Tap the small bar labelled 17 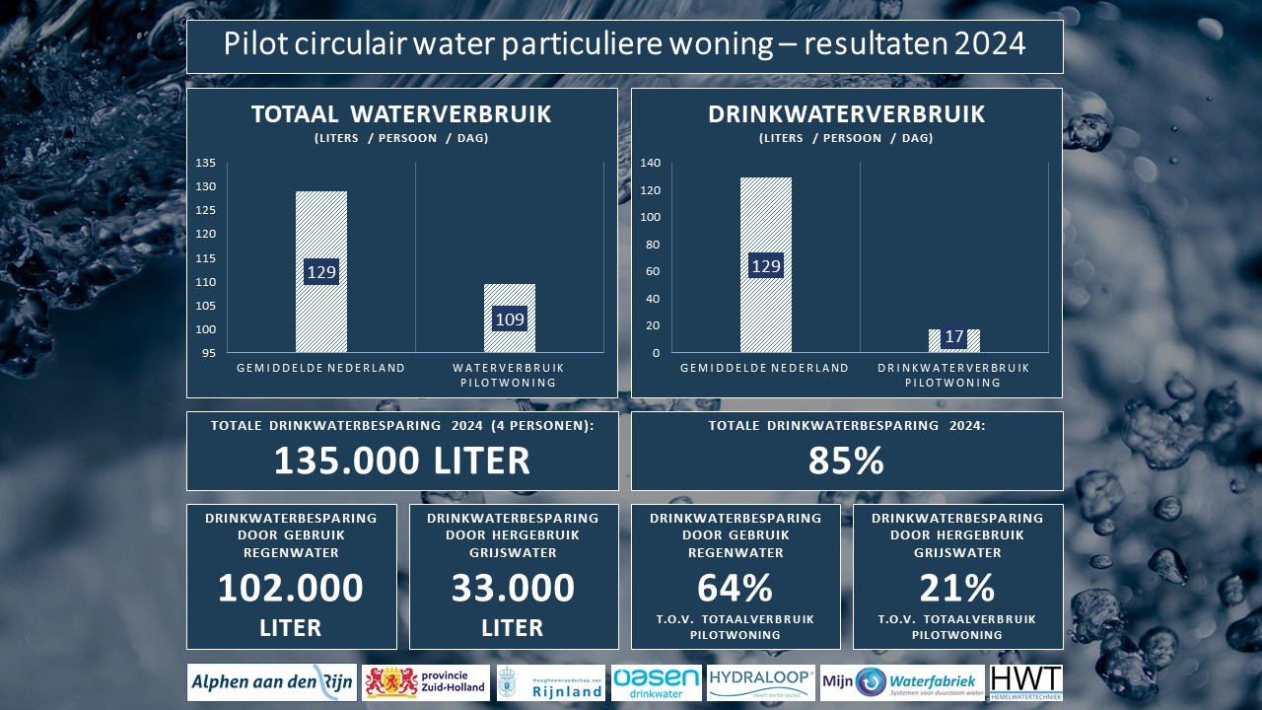953,339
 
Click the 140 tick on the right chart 651,163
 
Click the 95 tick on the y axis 209,353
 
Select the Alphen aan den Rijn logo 272,682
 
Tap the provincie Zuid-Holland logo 426,682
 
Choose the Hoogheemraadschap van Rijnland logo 551,682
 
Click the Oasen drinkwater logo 657,682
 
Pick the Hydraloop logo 761,682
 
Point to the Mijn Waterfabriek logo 902,682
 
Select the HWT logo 1026,682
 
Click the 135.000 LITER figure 401,461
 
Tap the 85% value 846,461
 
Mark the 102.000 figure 291,589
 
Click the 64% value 735,589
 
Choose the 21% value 956,589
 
